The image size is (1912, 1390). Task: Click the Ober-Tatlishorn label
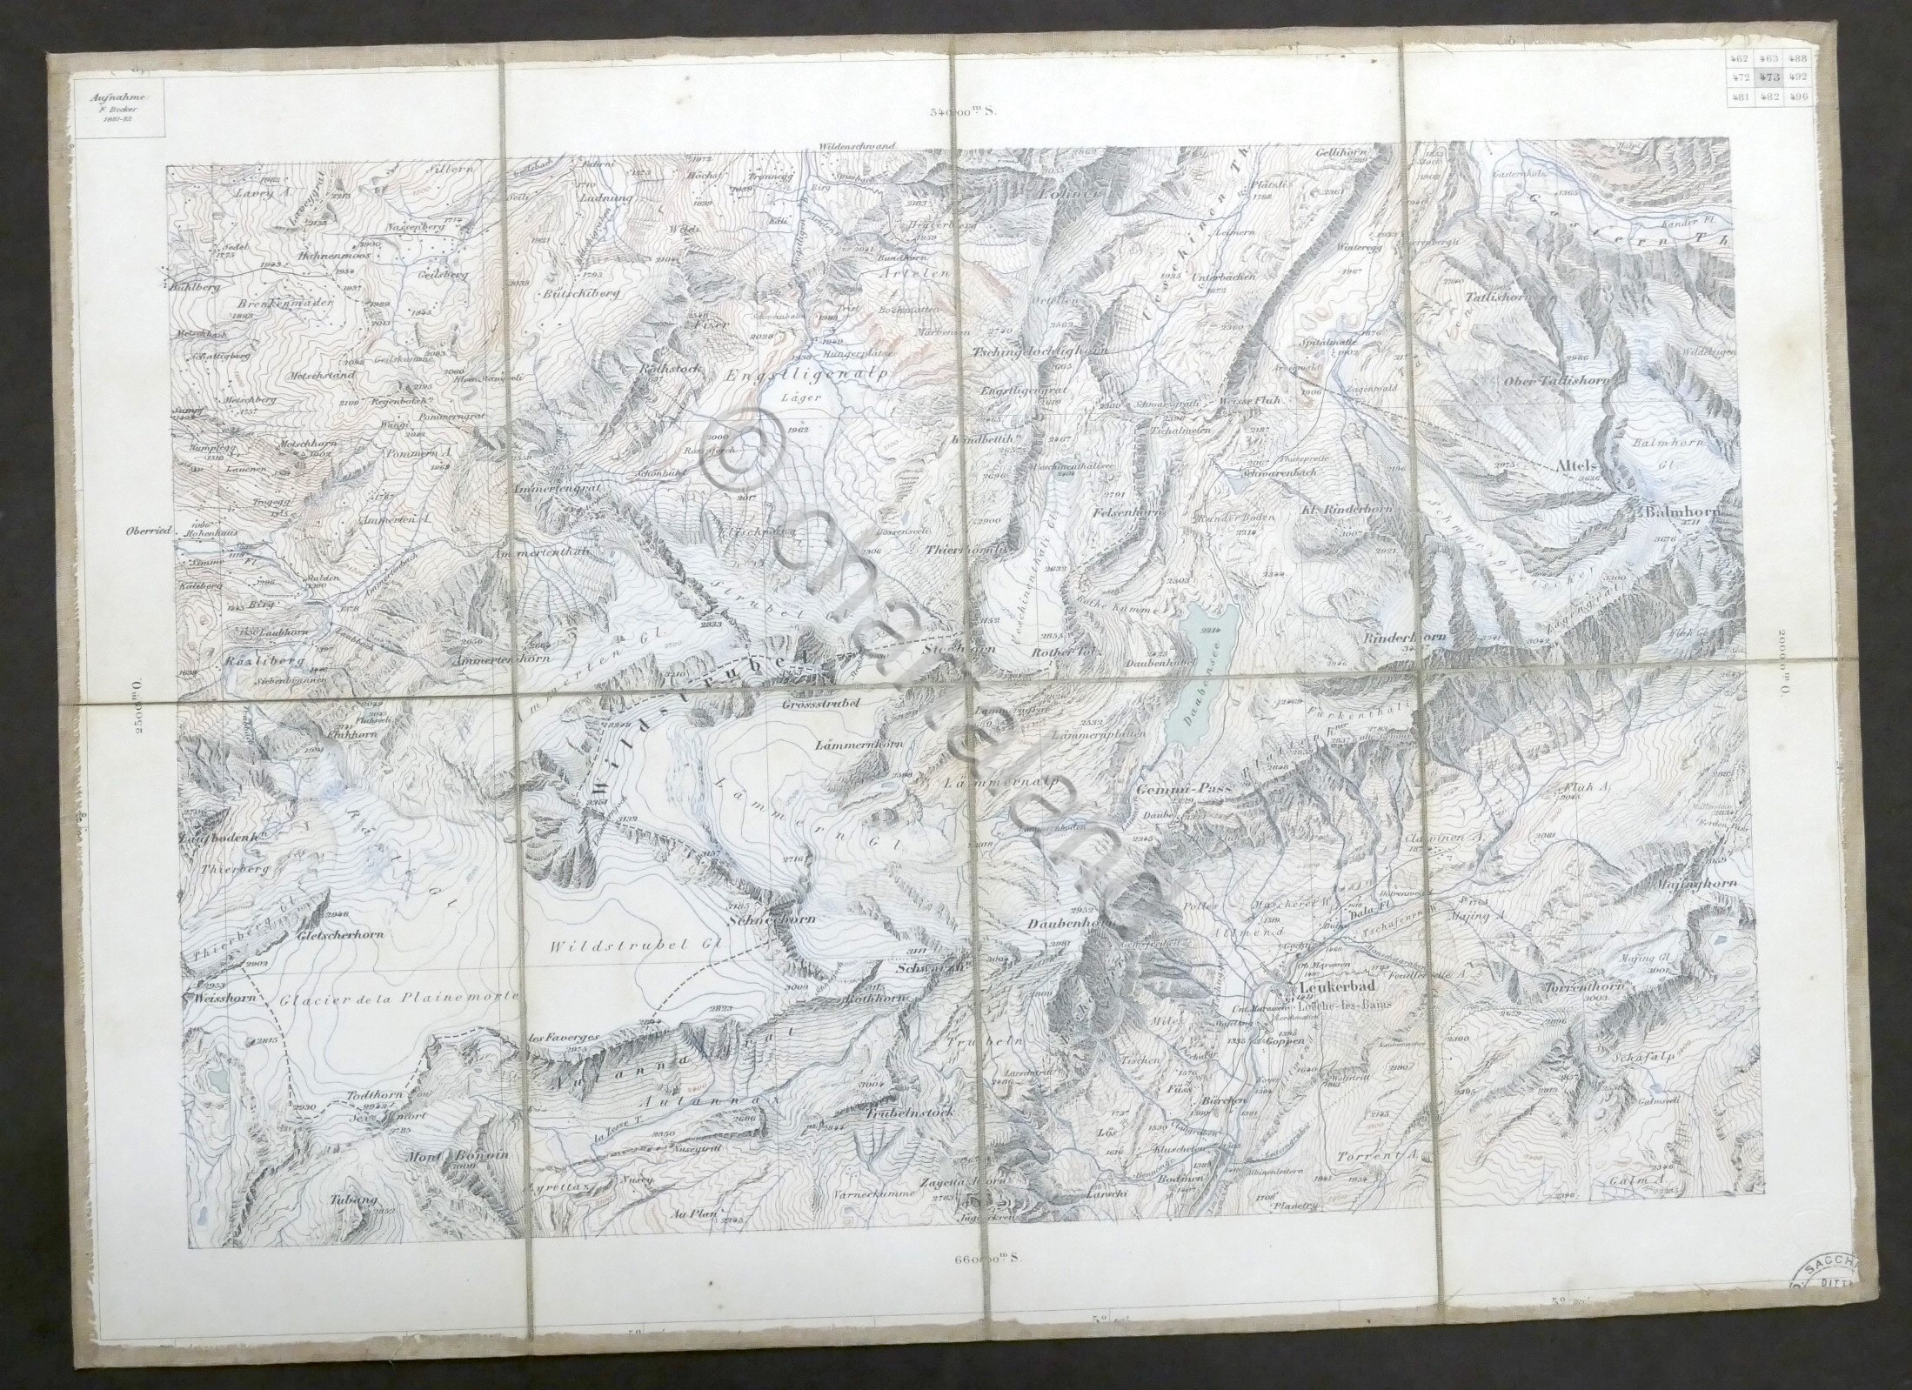(x=1561, y=380)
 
